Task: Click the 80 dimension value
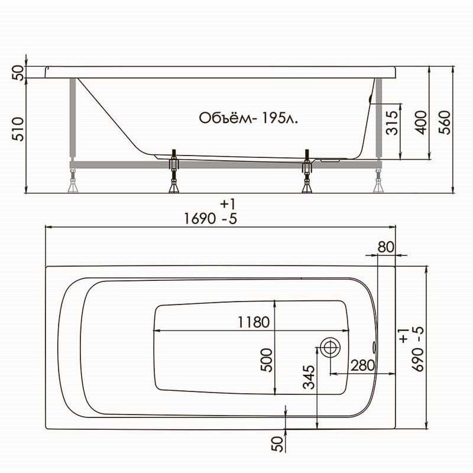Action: point(385,247)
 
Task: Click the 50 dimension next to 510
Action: point(18,73)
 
